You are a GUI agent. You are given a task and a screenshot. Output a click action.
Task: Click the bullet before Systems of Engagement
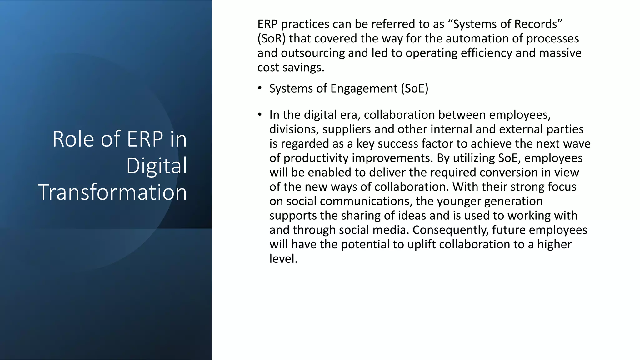(x=260, y=88)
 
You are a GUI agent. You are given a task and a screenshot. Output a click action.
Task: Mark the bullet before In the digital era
(x=260, y=115)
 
